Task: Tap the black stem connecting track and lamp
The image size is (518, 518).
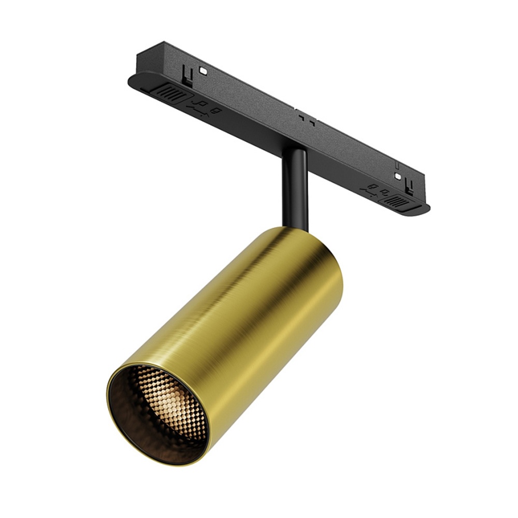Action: (295, 186)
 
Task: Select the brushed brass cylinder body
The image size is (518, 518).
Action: (259, 311)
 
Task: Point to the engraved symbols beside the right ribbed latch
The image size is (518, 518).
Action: (376, 191)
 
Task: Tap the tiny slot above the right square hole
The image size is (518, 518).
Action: (397, 165)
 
